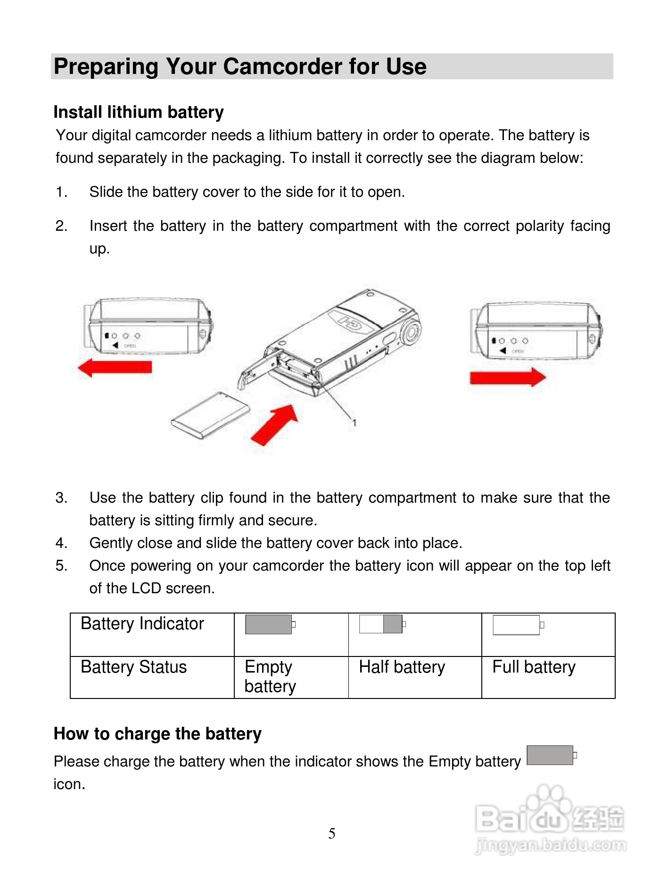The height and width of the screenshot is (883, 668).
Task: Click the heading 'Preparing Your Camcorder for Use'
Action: pyautogui.click(x=240, y=67)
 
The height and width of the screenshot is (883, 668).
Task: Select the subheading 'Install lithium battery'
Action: pyautogui.click(x=139, y=112)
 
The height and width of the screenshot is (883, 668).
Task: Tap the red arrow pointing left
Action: pyautogui.click(x=115, y=367)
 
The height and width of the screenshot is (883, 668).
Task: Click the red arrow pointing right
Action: pyautogui.click(x=507, y=377)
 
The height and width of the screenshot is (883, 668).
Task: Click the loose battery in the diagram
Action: pyautogui.click(x=210, y=415)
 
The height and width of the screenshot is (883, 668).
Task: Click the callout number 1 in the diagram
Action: pyautogui.click(x=355, y=423)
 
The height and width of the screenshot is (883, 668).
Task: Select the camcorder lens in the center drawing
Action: pyautogui.click(x=412, y=331)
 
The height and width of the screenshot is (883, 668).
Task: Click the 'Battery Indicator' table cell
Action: pyautogui.click(x=142, y=624)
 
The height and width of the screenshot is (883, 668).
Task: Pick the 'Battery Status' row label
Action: pyautogui.click(x=134, y=667)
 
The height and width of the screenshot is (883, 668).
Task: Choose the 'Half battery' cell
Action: pyautogui.click(x=402, y=667)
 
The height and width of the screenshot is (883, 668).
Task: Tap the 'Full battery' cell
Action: pyautogui.click(x=534, y=667)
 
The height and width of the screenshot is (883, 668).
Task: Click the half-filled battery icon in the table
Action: pyautogui.click(x=382, y=624)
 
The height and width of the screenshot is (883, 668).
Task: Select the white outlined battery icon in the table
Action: pyautogui.click(x=518, y=625)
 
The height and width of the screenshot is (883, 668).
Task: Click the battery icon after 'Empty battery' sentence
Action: pyautogui.click(x=551, y=755)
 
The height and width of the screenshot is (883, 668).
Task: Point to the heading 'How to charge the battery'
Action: pyautogui.click(x=157, y=734)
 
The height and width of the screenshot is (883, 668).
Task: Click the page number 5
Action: pyautogui.click(x=332, y=833)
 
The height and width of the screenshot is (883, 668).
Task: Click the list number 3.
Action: pyautogui.click(x=61, y=498)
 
